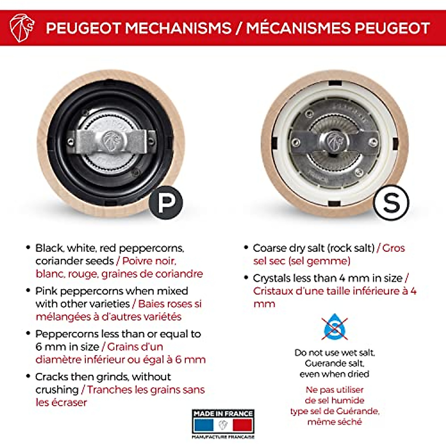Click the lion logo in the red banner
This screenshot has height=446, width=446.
click(x=22, y=28)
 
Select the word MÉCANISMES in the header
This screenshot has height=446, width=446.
click(x=298, y=28)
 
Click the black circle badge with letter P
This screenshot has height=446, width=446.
click(x=166, y=203)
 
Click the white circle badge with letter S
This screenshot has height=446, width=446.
click(x=391, y=203)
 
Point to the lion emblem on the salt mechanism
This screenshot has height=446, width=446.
click(x=335, y=142)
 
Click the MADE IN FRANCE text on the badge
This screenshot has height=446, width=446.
click(x=223, y=414)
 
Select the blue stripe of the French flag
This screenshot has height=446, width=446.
click(x=204, y=425)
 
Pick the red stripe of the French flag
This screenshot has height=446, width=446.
click(x=242, y=425)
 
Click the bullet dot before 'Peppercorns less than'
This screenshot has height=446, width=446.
click(x=28, y=333)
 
